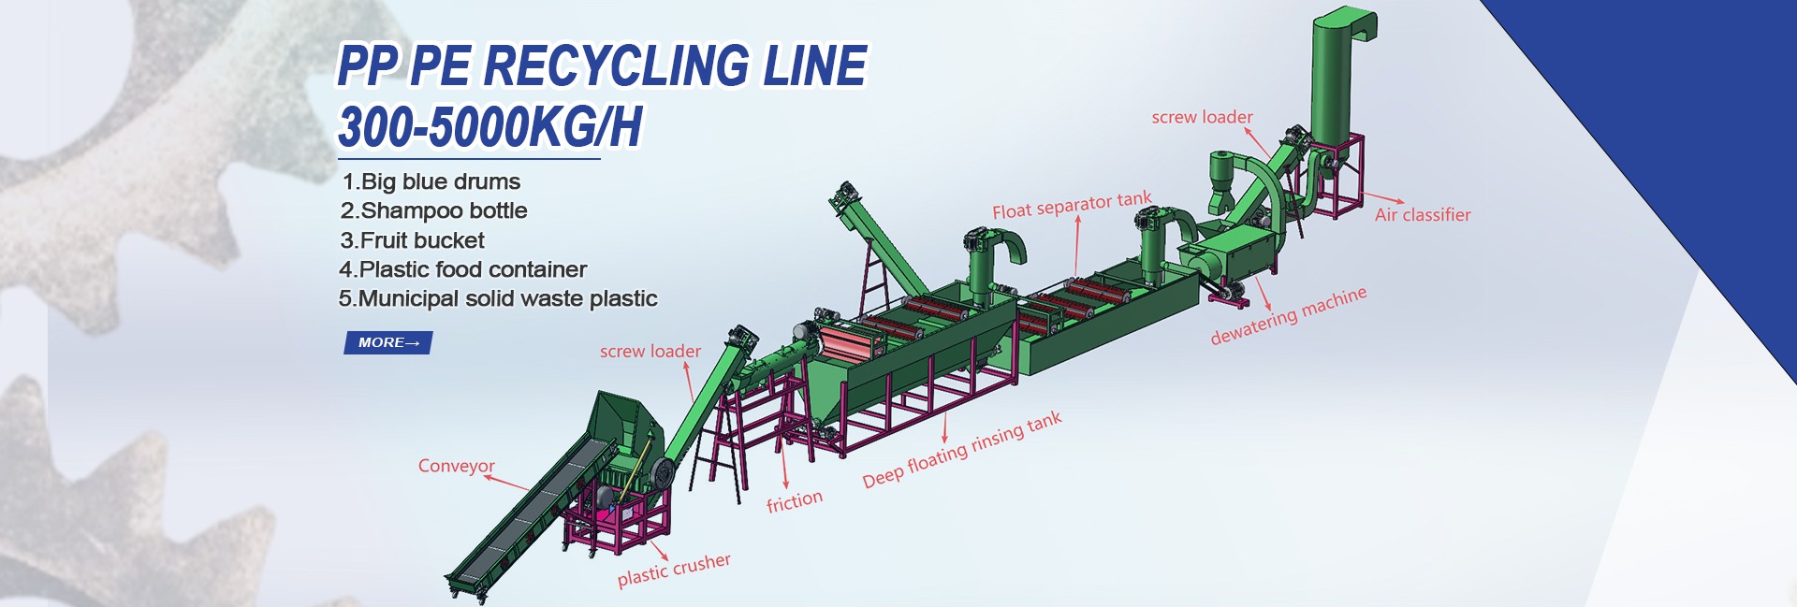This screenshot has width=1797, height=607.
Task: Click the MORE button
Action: pos(387,343)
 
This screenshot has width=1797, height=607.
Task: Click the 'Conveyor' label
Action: pos(456,466)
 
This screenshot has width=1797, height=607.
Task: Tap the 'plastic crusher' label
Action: pos(673,570)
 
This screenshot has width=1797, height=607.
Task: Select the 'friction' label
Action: pos(794,502)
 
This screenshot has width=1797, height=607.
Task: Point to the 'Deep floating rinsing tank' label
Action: pos(961,450)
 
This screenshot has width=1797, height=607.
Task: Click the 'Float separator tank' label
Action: pos(1072,205)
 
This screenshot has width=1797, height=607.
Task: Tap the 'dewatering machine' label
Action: pos(1288,316)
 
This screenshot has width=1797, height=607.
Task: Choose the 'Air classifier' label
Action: pos(1422,215)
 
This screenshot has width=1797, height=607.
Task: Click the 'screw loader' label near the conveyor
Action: pos(650,352)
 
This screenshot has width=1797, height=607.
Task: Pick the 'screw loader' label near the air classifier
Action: pos(1202,117)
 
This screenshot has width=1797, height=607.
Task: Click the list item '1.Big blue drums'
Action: pos(431,181)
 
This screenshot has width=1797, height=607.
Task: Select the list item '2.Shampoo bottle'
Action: pos(433,210)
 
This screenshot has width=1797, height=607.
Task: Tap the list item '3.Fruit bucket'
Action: pos(412,240)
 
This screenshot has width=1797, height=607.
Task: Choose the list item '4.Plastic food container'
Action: pos(462,269)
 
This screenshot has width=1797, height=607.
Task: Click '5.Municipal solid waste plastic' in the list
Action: pos(497,298)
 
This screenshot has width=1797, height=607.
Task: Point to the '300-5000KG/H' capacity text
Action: pos(489,126)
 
